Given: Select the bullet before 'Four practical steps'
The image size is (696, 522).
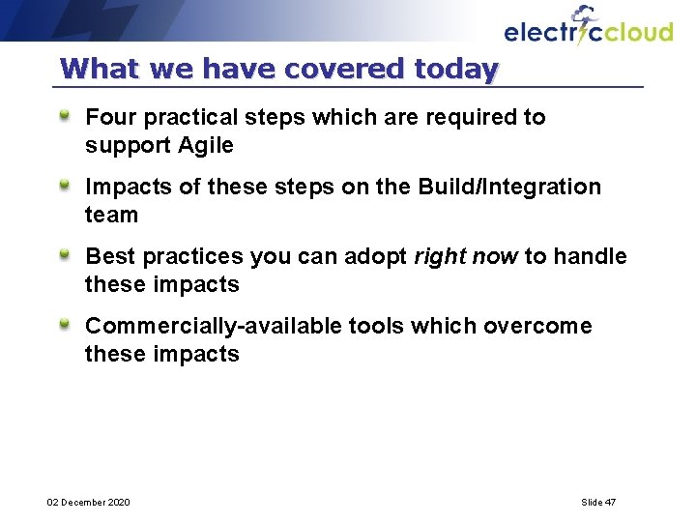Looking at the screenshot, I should coord(65,116).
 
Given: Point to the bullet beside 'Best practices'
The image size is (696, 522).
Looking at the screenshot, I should coord(65,255).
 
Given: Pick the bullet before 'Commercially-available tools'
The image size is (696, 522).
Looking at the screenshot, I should coord(65,325).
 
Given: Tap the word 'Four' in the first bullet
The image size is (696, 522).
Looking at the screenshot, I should coord(107,118).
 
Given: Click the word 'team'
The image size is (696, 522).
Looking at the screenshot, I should coord(111,216).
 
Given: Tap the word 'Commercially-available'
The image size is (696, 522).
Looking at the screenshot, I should coord(213,327).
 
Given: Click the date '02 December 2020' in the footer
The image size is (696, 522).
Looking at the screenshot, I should coord(89,503).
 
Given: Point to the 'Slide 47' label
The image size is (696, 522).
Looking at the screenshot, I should coord(598,503).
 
